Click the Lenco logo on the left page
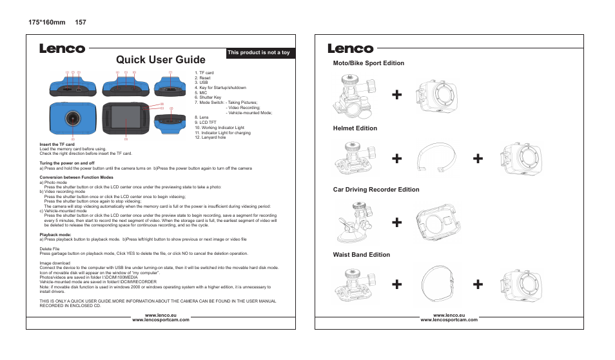click(62, 48)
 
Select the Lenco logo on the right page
click(350, 48)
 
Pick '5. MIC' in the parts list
click(200, 93)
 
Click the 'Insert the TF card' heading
click(58, 144)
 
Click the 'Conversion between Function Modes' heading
click(77, 177)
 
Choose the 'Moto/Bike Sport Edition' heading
click(368, 63)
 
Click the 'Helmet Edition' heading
click(355, 128)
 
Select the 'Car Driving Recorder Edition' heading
click(376, 190)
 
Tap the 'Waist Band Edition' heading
click(361, 255)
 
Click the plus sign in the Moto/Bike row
click(398, 95)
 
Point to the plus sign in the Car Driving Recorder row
click(398, 223)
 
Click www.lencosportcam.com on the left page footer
click(161, 320)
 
